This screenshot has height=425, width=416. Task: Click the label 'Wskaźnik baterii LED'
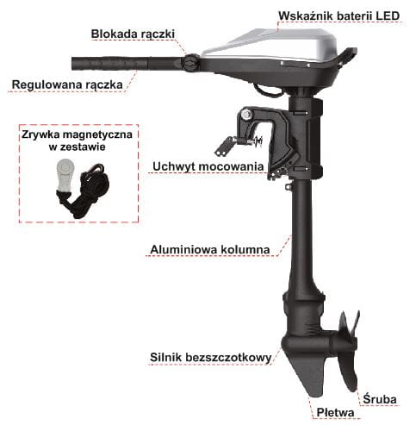coord(338,16)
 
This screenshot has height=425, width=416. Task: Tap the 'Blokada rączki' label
coord(133,34)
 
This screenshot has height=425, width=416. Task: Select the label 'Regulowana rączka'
coord(67,84)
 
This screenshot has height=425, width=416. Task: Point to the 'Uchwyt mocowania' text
coord(208,166)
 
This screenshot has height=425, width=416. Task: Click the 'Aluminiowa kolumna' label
coord(210,249)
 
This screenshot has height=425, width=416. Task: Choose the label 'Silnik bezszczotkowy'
coord(210,358)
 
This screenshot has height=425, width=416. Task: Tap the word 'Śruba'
coord(380,399)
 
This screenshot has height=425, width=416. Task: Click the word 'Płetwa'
coord(335,413)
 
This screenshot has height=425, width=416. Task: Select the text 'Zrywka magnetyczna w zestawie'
coord(77,141)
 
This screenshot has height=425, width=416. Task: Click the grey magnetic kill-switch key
coord(65,175)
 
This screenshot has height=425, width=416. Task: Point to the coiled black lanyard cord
coord(86,191)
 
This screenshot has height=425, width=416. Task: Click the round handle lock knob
coord(190,63)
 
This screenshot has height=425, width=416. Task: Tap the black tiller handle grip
coord(109,64)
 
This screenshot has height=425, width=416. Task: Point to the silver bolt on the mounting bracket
coord(246,115)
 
